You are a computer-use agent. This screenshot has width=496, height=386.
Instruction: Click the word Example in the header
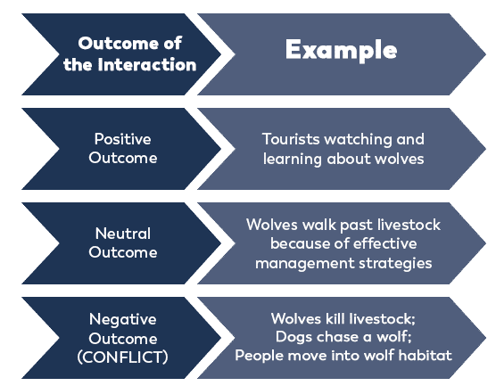pos(341,50)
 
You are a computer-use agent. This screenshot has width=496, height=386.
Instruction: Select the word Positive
pos(123,139)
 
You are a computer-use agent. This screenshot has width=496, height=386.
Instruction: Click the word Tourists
pos(291,139)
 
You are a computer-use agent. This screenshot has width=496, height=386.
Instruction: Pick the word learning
pos(293,159)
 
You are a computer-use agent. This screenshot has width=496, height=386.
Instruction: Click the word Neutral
pos(123,234)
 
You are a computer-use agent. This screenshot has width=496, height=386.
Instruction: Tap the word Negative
pos(123,319)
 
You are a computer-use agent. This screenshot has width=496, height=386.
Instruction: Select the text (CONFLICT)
pos(123,357)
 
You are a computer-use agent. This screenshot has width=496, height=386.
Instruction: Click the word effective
pos(385,243)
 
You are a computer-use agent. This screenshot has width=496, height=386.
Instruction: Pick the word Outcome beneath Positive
pos(123,158)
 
